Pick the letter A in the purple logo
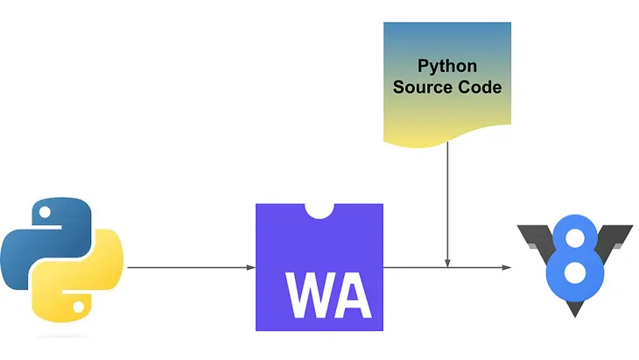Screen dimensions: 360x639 pos(352,298)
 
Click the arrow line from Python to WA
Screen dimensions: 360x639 pos(188,267)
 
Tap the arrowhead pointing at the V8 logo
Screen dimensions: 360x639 pos(508,267)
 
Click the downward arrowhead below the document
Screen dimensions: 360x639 pos(447,262)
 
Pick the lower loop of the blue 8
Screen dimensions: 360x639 pos(574,278)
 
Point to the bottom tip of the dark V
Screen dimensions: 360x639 pos(574,312)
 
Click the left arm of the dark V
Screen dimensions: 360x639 pos(532,240)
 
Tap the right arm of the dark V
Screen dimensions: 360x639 pos(617,240)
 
